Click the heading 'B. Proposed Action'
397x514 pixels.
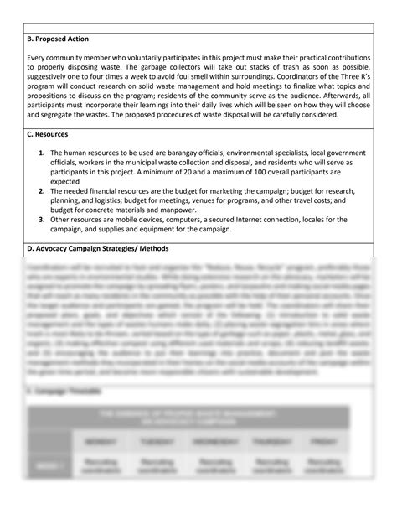pyautogui.click(x=59, y=39)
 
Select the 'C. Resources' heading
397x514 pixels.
pyautogui.click(x=49, y=134)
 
